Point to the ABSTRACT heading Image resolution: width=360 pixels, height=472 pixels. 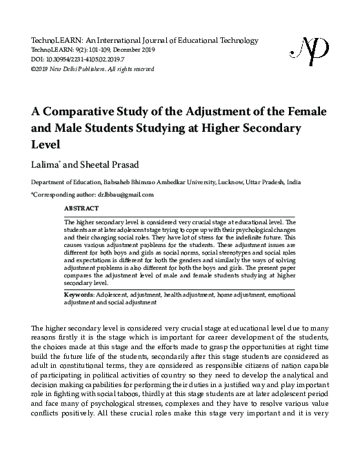click(81, 207)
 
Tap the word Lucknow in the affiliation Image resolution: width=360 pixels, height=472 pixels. click(248, 182)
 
